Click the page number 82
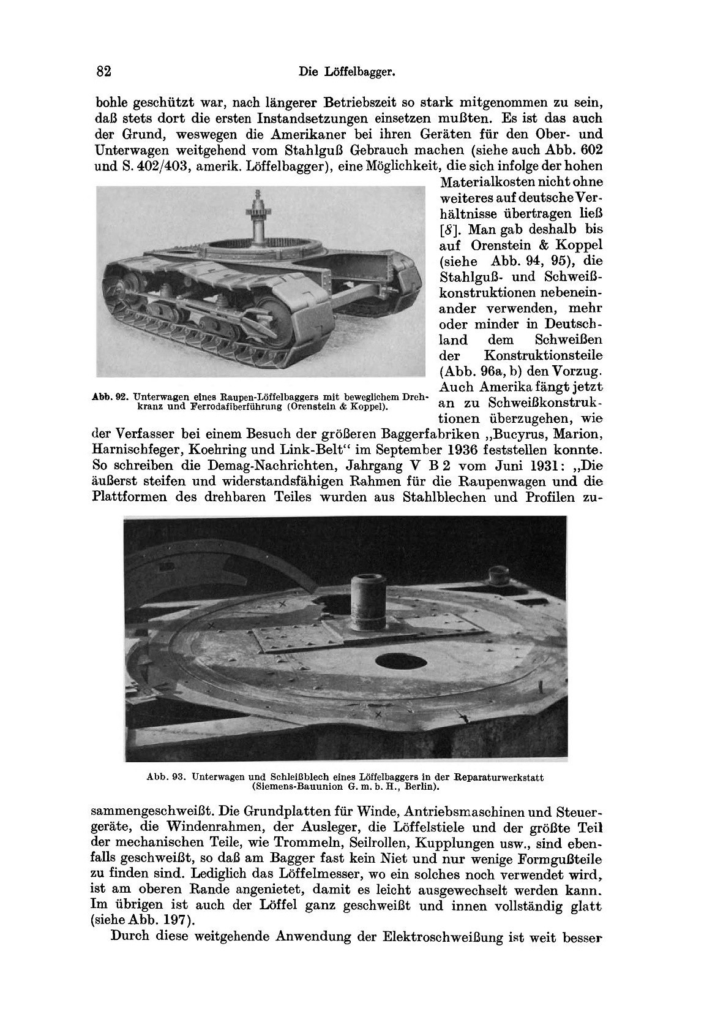click(x=103, y=71)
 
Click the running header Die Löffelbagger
click(x=345, y=72)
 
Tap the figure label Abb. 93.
click(x=166, y=777)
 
